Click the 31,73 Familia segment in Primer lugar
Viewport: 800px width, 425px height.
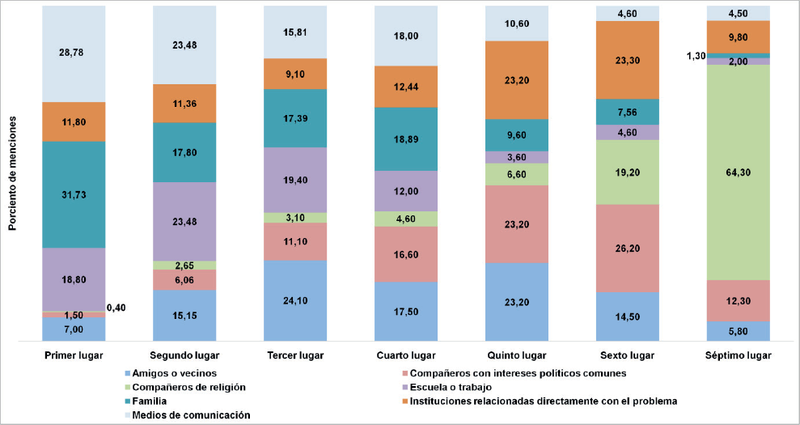click(x=74, y=194)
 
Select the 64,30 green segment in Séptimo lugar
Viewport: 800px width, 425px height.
click(x=738, y=172)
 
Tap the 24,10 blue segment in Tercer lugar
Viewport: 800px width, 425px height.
click(x=295, y=301)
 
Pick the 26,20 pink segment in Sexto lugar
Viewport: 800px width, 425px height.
click(x=627, y=248)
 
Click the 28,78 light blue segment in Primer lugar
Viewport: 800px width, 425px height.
click(x=74, y=53)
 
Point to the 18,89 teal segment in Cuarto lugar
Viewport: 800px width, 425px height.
click(x=406, y=138)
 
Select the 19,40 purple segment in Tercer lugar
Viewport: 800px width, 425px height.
click(x=295, y=180)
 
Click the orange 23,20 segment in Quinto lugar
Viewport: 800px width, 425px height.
click(x=517, y=79)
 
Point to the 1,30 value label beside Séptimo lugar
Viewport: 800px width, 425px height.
click(x=694, y=56)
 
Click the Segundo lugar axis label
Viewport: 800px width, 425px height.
click(x=184, y=355)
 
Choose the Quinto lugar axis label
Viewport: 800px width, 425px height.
click(x=517, y=355)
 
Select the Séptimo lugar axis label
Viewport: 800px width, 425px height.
click(x=738, y=355)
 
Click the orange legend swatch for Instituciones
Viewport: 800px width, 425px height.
click(x=404, y=401)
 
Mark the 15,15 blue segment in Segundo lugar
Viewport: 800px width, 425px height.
click(x=184, y=316)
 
